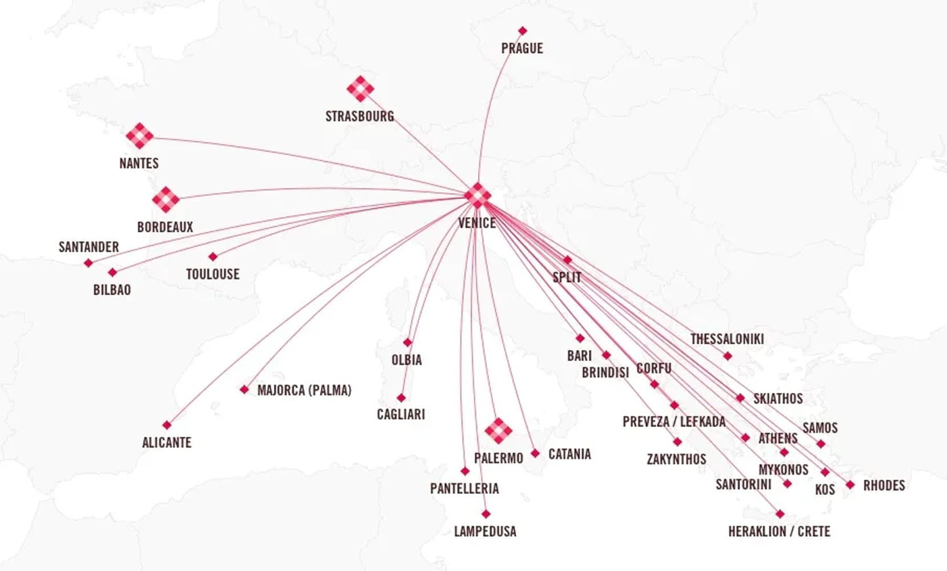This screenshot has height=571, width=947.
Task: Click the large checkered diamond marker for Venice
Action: click(x=478, y=195)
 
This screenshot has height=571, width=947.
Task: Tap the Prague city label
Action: click(x=522, y=49)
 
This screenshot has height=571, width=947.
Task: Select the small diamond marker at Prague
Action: click(x=522, y=31)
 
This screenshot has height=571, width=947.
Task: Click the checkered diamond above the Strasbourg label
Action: click(x=360, y=89)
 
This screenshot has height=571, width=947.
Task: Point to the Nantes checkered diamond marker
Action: click(x=139, y=136)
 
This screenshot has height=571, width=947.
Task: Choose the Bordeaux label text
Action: click(x=165, y=227)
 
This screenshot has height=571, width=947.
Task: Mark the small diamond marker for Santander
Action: click(x=88, y=263)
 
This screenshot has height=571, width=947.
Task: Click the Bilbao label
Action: click(x=112, y=289)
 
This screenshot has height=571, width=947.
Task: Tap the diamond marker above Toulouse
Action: click(x=213, y=257)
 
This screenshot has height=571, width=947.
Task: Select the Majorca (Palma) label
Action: click(x=304, y=391)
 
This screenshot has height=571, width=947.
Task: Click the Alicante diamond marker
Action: click(x=167, y=425)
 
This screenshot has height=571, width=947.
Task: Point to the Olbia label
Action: click(x=407, y=360)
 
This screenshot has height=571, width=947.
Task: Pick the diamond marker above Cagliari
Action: click(x=401, y=397)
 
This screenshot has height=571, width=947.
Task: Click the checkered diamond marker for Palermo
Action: click(x=498, y=431)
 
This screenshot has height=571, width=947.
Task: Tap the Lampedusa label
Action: click(x=485, y=532)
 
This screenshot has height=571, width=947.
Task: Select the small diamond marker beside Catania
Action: click(x=535, y=453)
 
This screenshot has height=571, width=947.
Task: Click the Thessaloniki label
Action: click(x=727, y=339)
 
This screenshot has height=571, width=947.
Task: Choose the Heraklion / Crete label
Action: click(x=779, y=532)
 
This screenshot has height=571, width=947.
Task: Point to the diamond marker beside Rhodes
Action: click(x=850, y=485)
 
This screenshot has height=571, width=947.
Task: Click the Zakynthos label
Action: click(x=676, y=459)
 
